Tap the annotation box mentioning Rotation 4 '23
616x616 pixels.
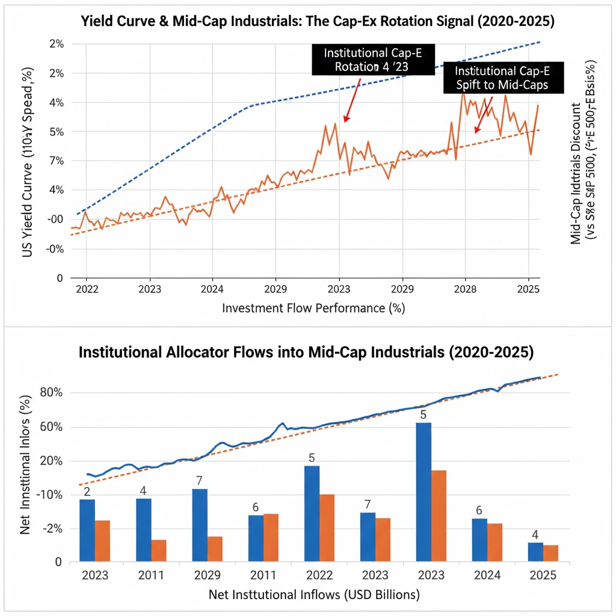point(372,60)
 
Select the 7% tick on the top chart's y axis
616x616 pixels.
point(56,161)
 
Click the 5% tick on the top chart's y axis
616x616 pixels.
point(56,131)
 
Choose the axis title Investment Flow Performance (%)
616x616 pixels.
point(313,308)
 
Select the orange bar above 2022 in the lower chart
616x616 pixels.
point(327,528)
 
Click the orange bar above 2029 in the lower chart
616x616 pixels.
point(215,549)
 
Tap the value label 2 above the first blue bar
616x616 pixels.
point(87,491)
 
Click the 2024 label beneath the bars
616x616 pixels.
point(487,574)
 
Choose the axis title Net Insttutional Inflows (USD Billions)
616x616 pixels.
point(313,595)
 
